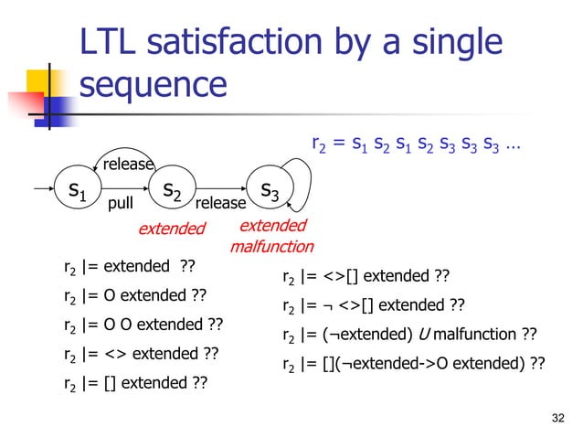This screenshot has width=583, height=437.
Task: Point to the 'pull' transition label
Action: [x=122, y=204]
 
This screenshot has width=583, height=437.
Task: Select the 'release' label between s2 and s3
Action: [x=220, y=203]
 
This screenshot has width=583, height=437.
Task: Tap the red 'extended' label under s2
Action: [x=172, y=228]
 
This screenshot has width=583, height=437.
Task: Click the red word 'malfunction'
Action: [x=271, y=246]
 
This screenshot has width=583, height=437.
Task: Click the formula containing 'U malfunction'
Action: [x=409, y=334]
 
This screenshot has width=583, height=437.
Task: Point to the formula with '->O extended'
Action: [x=414, y=363]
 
